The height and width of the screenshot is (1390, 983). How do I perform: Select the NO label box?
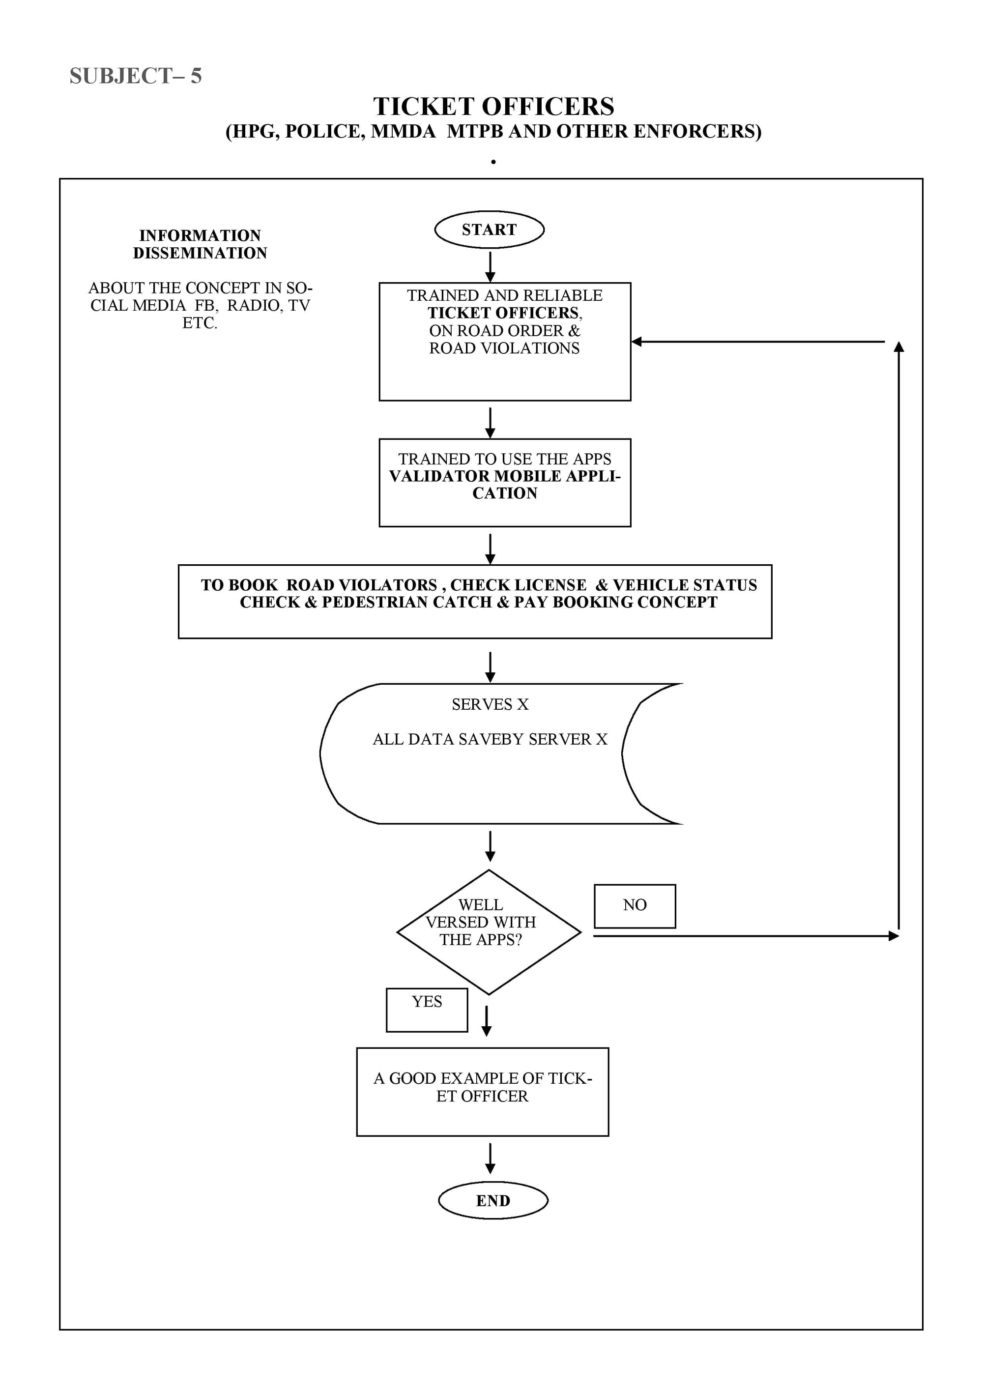(x=635, y=906)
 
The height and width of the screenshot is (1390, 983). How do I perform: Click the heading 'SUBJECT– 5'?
(x=136, y=76)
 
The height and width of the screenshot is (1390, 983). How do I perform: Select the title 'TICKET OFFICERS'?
(x=493, y=107)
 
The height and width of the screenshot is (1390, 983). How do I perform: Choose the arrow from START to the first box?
(x=491, y=266)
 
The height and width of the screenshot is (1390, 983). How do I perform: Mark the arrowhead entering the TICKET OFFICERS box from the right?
(x=636, y=342)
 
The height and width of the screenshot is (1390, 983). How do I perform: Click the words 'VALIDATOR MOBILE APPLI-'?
(x=505, y=476)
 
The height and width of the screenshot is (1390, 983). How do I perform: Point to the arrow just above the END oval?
(x=491, y=1158)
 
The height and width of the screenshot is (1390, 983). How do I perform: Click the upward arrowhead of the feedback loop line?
(x=899, y=347)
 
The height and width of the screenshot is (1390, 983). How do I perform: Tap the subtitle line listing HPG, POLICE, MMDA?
(x=493, y=131)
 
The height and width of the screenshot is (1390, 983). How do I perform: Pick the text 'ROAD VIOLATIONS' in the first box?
(x=504, y=348)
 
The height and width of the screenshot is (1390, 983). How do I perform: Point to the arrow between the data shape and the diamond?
(x=491, y=846)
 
